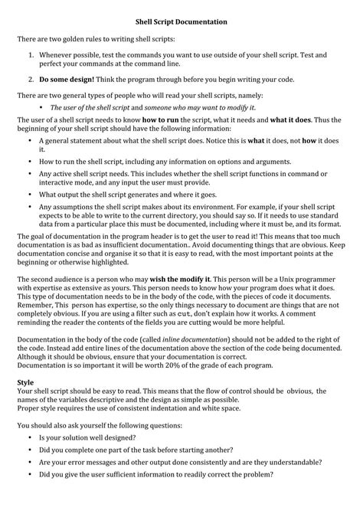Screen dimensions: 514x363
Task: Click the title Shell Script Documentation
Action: tap(181, 23)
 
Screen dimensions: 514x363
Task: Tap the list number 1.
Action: tap(31, 55)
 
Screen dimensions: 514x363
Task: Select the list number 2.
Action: tap(31, 78)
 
